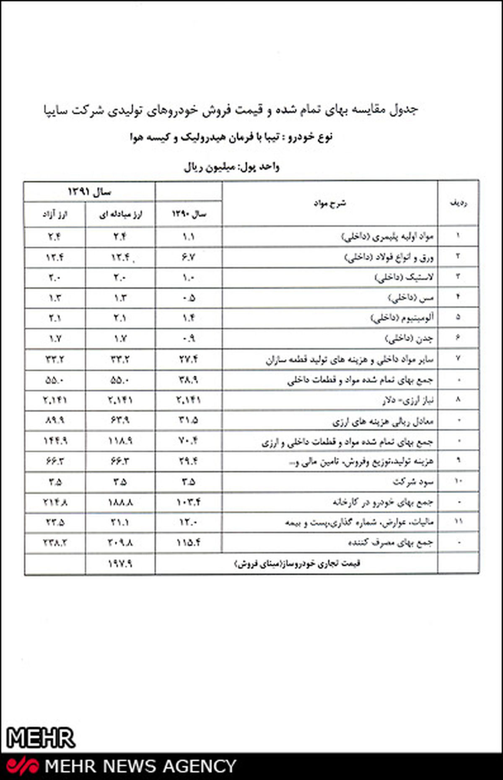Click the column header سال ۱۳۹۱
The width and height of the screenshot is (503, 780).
pyautogui.click(x=89, y=192)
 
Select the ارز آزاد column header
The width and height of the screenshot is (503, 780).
pyautogui.click(x=55, y=214)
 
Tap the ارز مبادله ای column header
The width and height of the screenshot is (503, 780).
pyautogui.click(x=120, y=214)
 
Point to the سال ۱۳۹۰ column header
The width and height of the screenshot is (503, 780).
pyautogui.click(x=189, y=214)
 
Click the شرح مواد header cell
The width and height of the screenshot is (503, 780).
pyautogui.click(x=330, y=204)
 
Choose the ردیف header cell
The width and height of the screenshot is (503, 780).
pyautogui.click(x=458, y=204)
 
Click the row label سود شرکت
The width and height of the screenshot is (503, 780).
pyautogui.click(x=412, y=482)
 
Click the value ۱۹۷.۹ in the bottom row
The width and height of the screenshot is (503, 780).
pyautogui.click(x=120, y=564)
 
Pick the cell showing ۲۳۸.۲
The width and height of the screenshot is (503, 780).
pyautogui.click(x=55, y=543)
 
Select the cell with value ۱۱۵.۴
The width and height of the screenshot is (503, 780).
pyautogui.click(x=188, y=543)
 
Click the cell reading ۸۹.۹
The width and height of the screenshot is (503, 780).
pyautogui.click(x=55, y=420)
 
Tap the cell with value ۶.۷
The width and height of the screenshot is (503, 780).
pyautogui.click(x=188, y=257)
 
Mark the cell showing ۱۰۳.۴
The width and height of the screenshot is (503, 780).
pyautogui.click(x=188, y=502)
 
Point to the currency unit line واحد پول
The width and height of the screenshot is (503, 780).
pyautogui.click(x=231, y=167)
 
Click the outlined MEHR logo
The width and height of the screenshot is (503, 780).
pyautogui.click(x=41, y=738)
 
